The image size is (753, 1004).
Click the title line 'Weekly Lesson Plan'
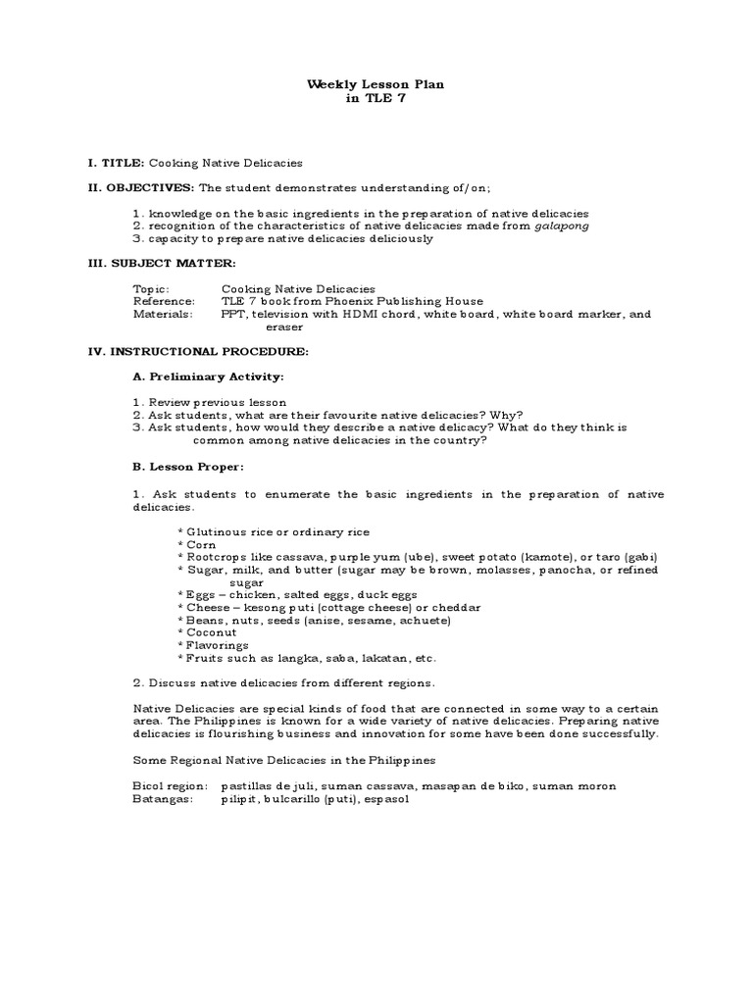pyautogui.click(x=376, y=85)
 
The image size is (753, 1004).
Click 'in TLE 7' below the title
pyautogui.click(x=376, y=99)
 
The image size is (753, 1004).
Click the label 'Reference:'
pyautogui.click(x=164, y=302)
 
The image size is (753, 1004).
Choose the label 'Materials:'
pyautogui.click(x=162, y=315)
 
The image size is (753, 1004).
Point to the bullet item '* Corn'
pyautogui.click(x=197, y=544)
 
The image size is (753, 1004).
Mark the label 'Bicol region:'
pyautogui.click(x=170, y=786)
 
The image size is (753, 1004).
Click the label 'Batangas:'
pyautogui.click(x=162, y=799)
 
